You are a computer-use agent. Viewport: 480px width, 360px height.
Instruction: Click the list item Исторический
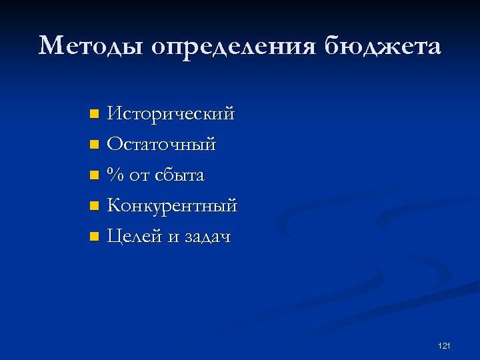(171, 114)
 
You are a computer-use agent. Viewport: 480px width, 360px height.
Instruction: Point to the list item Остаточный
(161, 145)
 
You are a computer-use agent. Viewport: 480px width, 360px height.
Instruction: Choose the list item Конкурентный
(172, 206)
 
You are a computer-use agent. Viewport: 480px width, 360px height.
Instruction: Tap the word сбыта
(179, 175)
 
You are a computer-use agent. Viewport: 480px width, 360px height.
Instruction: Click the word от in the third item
(139, 176)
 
